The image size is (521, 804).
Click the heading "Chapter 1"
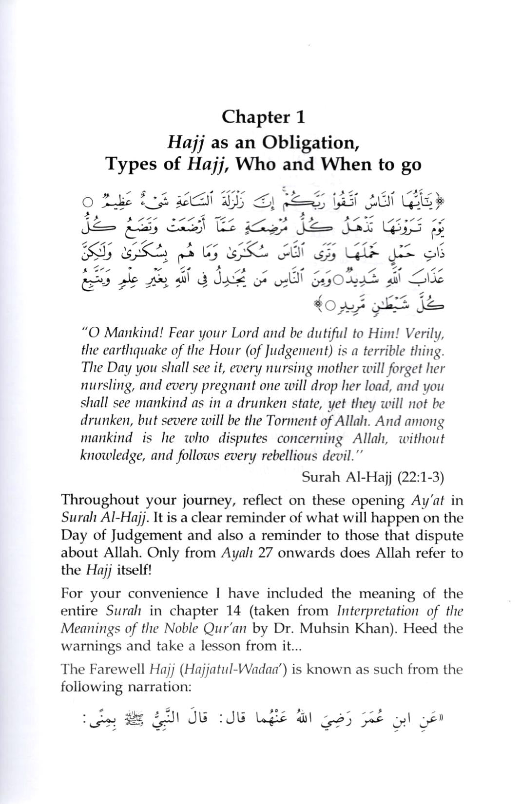(x=263, y=117)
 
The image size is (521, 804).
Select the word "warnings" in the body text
(x=90, y=646)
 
